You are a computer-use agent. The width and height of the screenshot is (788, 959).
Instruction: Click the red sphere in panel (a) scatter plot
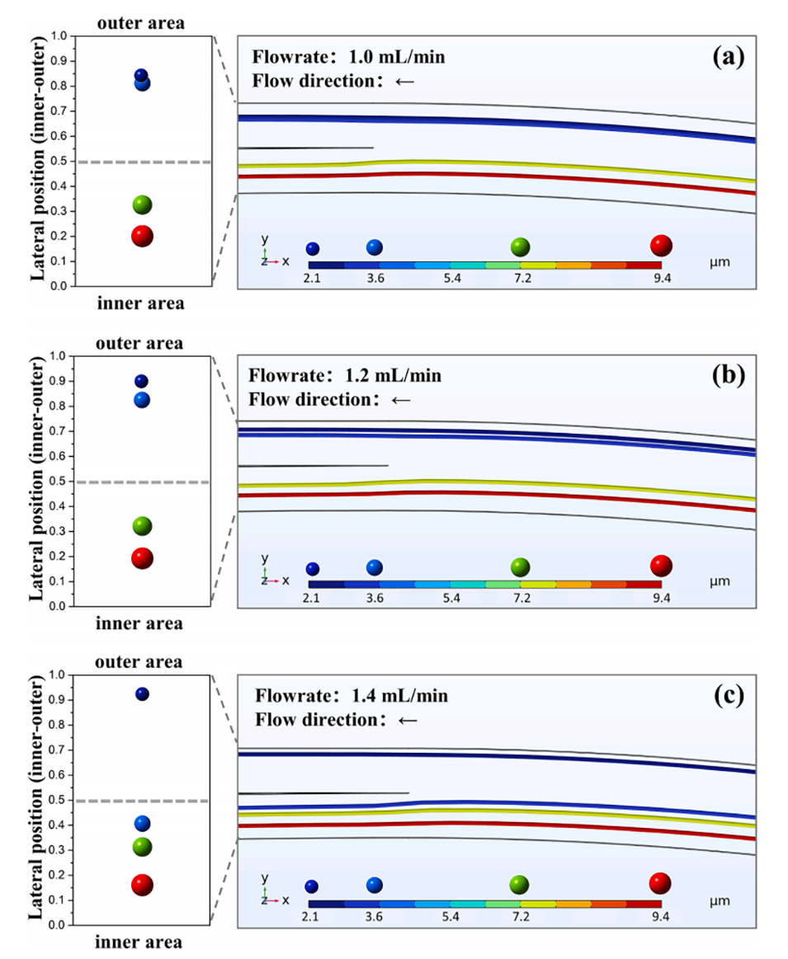click(x=142, y=236)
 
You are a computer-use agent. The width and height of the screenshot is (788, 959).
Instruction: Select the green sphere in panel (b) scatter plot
click(x=142, y=526)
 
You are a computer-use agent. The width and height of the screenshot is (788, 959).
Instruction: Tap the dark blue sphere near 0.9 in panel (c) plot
click(x=142, y=694)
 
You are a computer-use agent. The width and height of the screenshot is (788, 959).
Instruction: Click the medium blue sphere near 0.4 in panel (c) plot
click(x=142, y=823)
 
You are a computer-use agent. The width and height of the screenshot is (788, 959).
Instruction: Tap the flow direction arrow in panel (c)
click(x=408, y=720)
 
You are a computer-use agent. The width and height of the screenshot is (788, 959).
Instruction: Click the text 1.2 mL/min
click(x=393, y=376)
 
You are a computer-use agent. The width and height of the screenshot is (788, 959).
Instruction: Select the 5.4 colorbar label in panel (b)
click(x=451, y=598)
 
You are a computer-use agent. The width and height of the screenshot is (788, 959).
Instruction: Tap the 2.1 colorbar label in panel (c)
click(x=310, y=917)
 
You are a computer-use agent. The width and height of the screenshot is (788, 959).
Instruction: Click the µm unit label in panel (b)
click(x=720, y=581)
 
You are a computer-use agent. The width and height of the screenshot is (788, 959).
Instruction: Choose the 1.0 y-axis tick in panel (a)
click(x=58, y=36)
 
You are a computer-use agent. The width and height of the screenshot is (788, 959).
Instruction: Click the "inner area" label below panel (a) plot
click(x=140, y=303)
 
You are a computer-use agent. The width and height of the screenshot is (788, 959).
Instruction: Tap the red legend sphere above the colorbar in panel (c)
click(x=660, y=883)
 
